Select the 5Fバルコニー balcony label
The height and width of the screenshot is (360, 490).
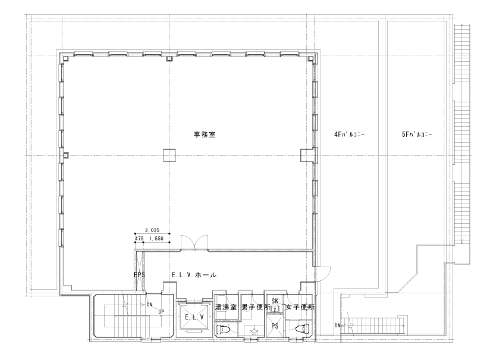[417, 134]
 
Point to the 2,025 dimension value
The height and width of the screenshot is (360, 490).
[152, 230]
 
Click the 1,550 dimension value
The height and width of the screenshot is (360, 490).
[157, 238]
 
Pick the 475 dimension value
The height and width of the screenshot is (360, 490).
[139, 238]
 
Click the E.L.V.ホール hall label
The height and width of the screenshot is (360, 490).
[194, 275]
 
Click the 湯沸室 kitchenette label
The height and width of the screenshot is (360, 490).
[226, 307]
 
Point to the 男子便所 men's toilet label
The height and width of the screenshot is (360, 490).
[253, 307]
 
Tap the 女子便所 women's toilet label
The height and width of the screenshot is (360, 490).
[299, 307]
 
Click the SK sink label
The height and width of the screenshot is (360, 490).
[274, 301]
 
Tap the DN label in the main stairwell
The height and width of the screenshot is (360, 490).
[150, 305]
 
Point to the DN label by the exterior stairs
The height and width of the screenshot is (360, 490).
[337, 326]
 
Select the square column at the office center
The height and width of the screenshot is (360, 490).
[169, 155]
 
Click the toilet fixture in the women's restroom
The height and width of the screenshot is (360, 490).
[302, 328]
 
